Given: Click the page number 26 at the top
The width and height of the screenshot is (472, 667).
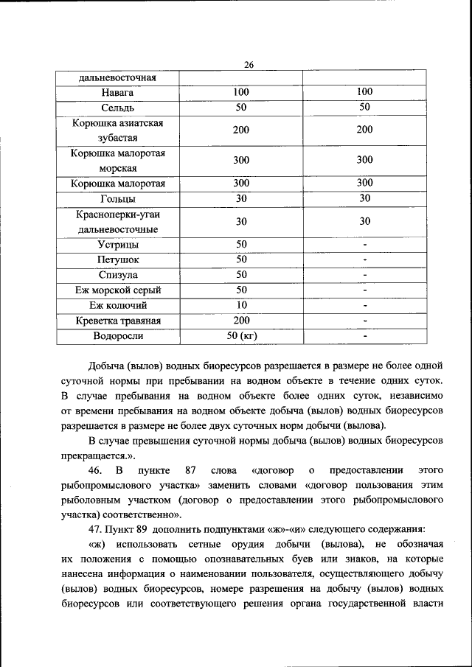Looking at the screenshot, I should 249,65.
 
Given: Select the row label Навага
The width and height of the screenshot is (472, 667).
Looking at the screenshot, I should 117,93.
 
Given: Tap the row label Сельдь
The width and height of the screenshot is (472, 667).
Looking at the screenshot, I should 117,108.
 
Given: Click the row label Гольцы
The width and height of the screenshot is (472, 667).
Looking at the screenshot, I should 117,198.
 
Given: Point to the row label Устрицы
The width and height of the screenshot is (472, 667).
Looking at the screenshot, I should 117,245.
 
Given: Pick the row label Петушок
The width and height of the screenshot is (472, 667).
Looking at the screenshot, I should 117,259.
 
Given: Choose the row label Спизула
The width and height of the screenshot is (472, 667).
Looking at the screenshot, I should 117,275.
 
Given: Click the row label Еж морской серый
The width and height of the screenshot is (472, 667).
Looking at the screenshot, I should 117,290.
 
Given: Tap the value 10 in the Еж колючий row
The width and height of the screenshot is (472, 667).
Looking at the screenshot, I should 241,305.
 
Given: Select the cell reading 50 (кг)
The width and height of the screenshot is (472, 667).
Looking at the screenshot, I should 241,336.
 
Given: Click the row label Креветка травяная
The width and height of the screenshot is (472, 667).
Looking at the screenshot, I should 117,321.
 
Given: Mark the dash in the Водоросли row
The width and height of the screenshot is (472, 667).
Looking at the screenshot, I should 364,337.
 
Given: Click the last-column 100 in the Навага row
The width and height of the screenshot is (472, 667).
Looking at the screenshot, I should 364,92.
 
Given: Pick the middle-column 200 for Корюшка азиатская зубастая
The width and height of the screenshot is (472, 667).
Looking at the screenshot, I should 241,130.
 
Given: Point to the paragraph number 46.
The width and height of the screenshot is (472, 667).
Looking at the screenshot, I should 96,470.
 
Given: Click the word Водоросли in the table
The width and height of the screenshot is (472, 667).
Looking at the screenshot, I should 117,336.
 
